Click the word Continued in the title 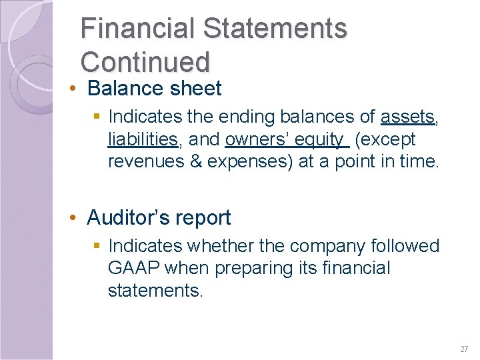coord(145,61)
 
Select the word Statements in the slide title coord(275,29)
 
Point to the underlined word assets coord(407,117)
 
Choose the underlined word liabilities coord(142,139)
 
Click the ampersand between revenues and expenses coord(194,161)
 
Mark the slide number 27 coord(464,349)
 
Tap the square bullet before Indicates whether coord(98,247)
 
